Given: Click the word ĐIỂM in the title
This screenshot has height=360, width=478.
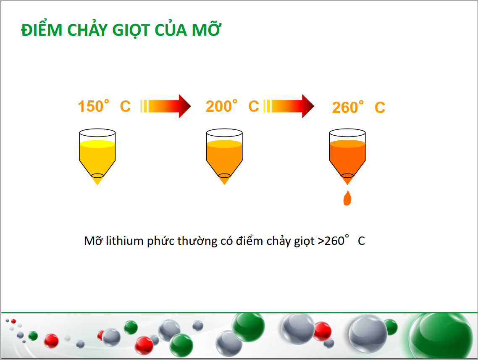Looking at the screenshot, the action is point(42,29).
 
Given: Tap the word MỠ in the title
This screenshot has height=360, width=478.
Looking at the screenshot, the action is point(206,29).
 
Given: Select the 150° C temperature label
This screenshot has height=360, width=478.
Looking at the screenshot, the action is point(104,106).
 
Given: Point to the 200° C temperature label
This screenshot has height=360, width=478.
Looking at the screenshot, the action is point(232,106).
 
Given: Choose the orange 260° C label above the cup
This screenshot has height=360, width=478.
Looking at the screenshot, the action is point(359,107).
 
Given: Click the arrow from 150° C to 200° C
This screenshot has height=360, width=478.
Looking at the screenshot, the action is point(165,106).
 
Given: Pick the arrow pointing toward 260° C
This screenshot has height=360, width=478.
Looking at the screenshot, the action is point(289,106).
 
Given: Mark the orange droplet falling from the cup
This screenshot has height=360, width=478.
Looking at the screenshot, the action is point(347,198).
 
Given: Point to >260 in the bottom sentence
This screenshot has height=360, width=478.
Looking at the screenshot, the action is point(331,241).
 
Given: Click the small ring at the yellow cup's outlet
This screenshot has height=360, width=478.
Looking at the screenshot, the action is point(97,176).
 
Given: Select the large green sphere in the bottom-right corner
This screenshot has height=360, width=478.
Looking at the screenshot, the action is point(441,335).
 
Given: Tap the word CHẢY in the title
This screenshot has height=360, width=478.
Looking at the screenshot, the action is point(87,29).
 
